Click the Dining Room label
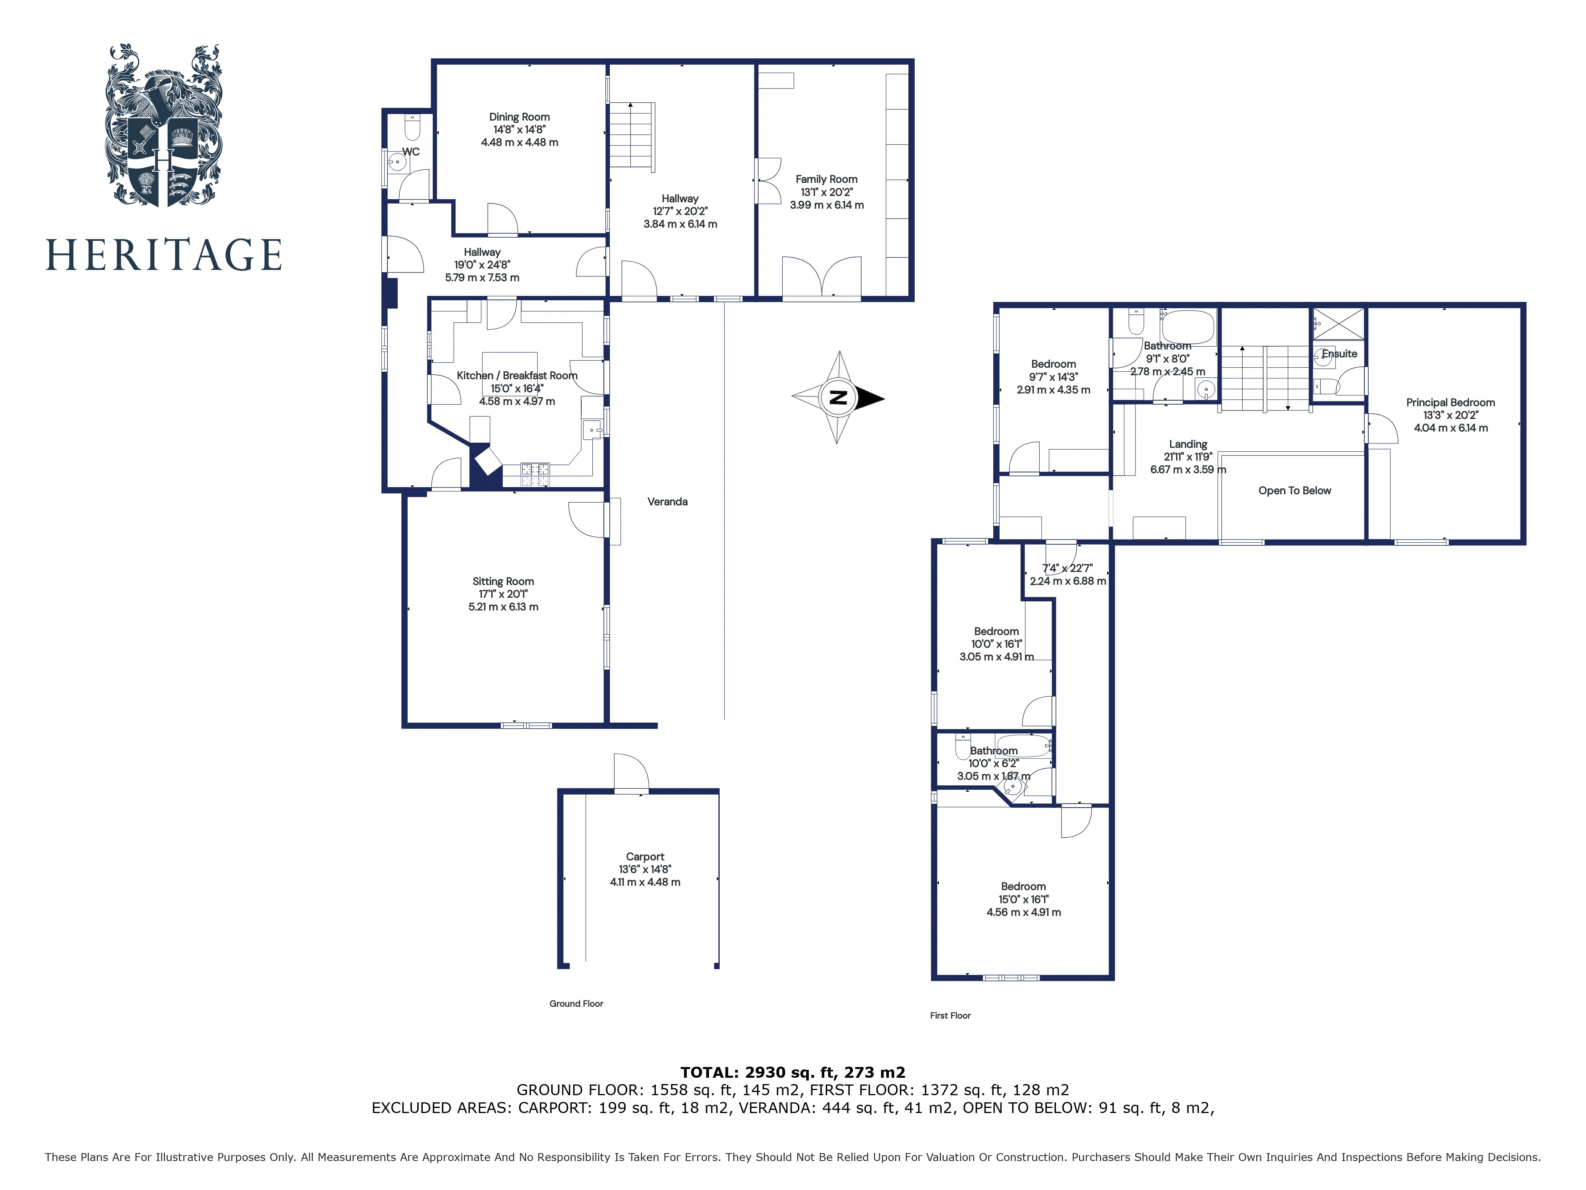[519, 117]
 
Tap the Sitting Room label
[503, 582]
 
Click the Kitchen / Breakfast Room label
[517, 376]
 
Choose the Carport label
[645, 857]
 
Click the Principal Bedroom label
[1450, 403]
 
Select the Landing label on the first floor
[1188, 445]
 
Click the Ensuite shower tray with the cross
[1338, 323]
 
